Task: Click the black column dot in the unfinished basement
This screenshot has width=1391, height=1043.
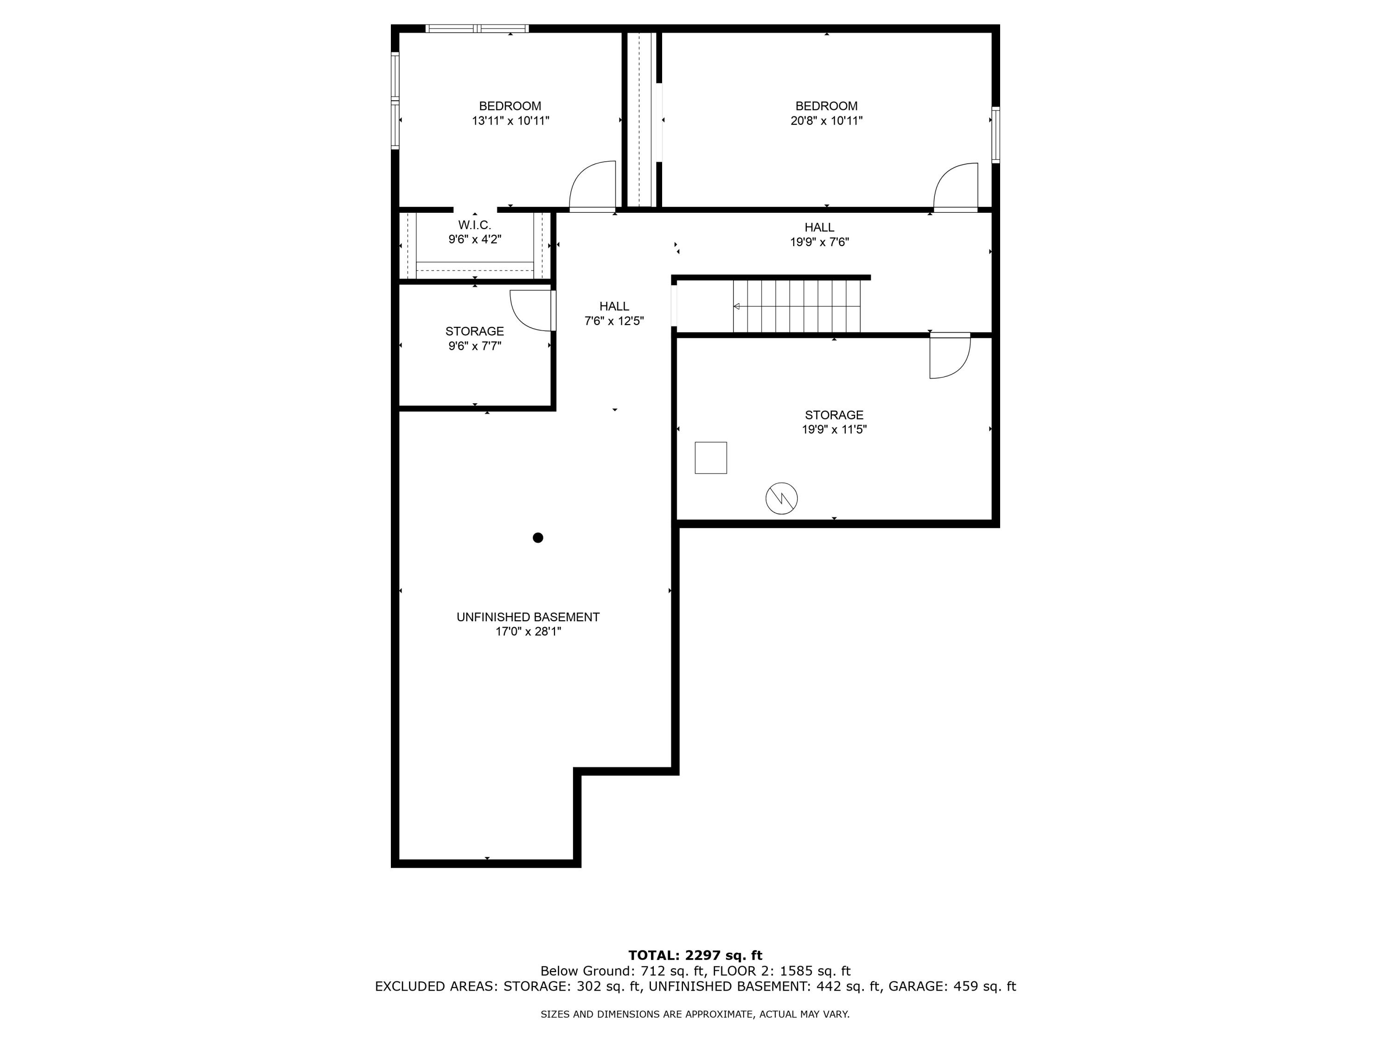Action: (538, 538)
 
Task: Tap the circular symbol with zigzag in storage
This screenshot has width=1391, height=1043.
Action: (781, 498)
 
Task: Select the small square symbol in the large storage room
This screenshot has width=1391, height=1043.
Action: (711, 458)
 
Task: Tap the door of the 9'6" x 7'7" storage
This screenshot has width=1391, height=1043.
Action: (532, 310)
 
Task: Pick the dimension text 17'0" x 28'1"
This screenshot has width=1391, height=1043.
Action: (528, 631)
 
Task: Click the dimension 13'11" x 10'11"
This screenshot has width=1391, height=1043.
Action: (510, 121)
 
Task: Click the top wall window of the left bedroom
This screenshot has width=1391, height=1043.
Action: (477, 28)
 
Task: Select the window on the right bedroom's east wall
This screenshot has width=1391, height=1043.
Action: (995, 135)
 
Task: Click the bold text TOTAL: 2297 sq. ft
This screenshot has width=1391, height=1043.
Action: (695, 955)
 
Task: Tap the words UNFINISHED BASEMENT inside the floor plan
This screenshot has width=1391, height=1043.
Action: (528, 617)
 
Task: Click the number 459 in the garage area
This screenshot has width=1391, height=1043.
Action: (965, 986)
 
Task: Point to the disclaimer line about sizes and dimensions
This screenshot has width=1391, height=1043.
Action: (695, 1014)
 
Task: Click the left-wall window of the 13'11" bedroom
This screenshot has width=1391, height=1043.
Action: (395, 101)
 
